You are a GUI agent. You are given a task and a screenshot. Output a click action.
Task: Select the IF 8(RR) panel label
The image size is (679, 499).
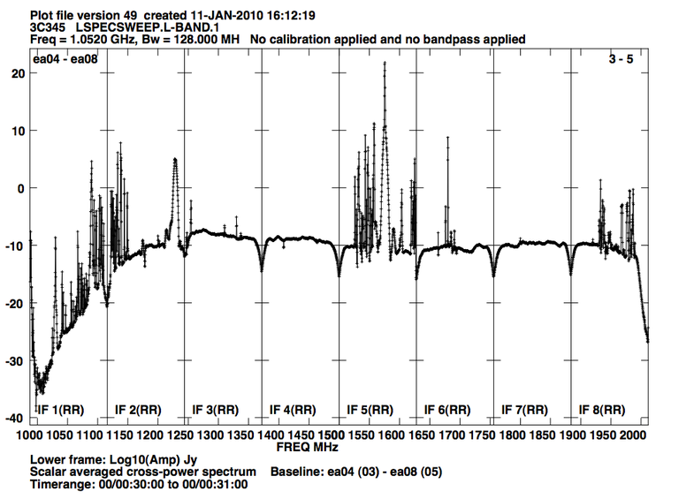[602, 410]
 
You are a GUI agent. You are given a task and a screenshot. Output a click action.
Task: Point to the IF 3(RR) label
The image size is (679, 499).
[216, 410]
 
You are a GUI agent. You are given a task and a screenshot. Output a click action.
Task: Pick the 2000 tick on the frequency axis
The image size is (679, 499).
[633, 436]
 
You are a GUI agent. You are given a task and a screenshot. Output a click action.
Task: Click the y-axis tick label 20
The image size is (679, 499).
[17, 73]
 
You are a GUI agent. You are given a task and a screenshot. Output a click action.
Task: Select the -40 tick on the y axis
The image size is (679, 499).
[15, 418]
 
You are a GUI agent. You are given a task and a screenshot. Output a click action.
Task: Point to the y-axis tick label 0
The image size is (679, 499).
[20, 188]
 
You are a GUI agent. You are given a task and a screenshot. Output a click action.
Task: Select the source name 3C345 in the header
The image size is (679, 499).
[49, 27]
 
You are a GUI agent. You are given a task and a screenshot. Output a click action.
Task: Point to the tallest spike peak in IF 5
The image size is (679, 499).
[385, 63]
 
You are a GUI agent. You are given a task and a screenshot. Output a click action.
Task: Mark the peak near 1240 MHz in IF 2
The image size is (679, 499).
[175, 160]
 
